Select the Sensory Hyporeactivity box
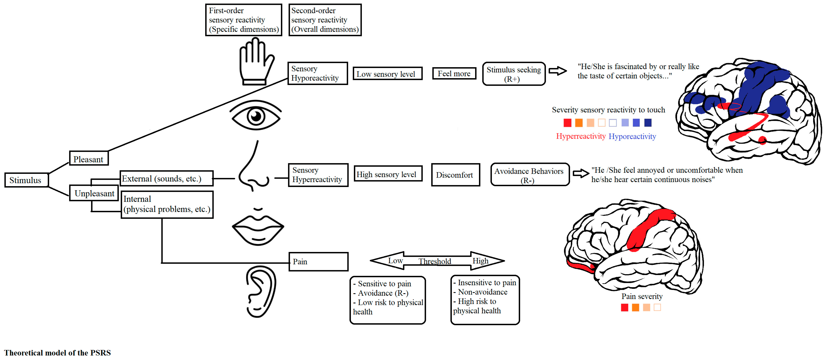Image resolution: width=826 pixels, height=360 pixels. tap(317, 73)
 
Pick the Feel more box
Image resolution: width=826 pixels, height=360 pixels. tap(454, 73)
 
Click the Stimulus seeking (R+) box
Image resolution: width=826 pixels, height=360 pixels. tap(514, 74)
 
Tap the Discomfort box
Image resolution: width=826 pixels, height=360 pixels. tap(455, 175)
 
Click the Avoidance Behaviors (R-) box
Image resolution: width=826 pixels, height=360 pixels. tap(530, 175)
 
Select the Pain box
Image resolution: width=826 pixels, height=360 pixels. tap(319, 262)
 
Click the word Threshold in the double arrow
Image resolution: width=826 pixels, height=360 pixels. tap(434, 261)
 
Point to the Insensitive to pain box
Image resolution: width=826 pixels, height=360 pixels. tap(485, 300)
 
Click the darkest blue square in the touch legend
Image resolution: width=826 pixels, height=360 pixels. tap(648, 122)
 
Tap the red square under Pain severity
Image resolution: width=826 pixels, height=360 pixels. tap(624, 307)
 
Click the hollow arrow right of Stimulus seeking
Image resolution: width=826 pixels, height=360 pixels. tap(558, 71)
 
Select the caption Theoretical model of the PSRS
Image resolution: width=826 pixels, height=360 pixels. tap(57, 353)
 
